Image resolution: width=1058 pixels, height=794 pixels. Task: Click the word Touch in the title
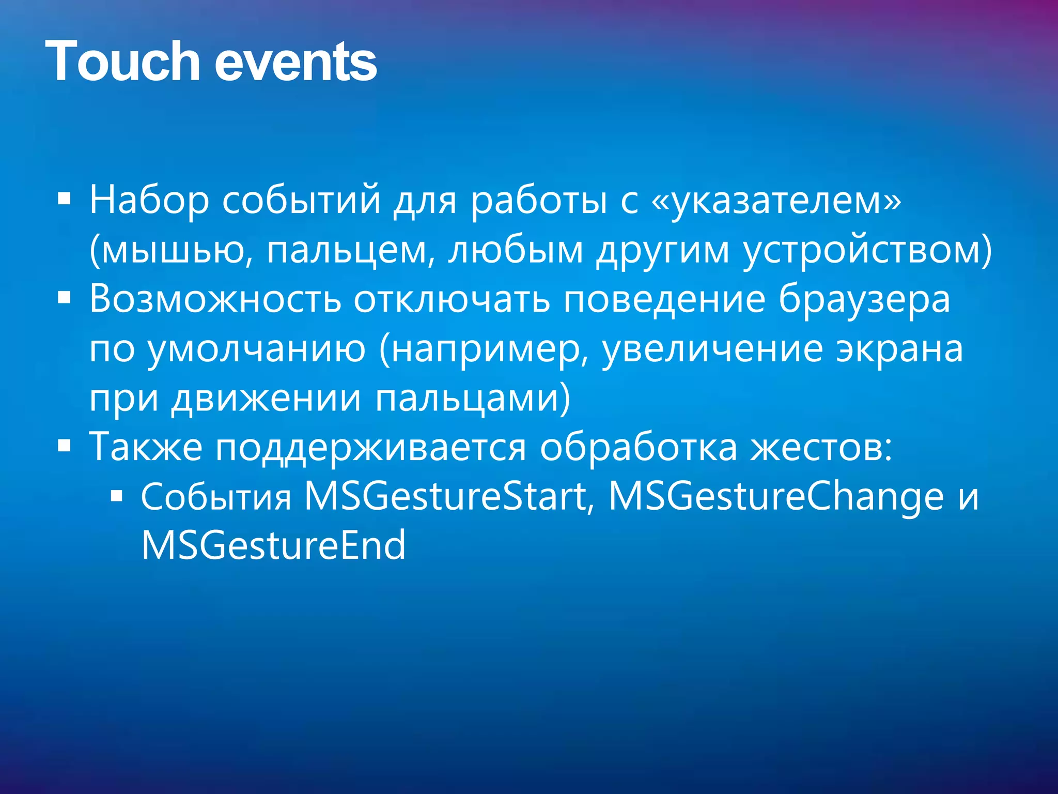point(122,62)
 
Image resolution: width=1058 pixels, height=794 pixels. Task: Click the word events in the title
point(295,63)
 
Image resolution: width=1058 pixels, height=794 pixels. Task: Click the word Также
point(146,447)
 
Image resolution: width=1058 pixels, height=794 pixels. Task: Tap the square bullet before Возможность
point(64,298)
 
